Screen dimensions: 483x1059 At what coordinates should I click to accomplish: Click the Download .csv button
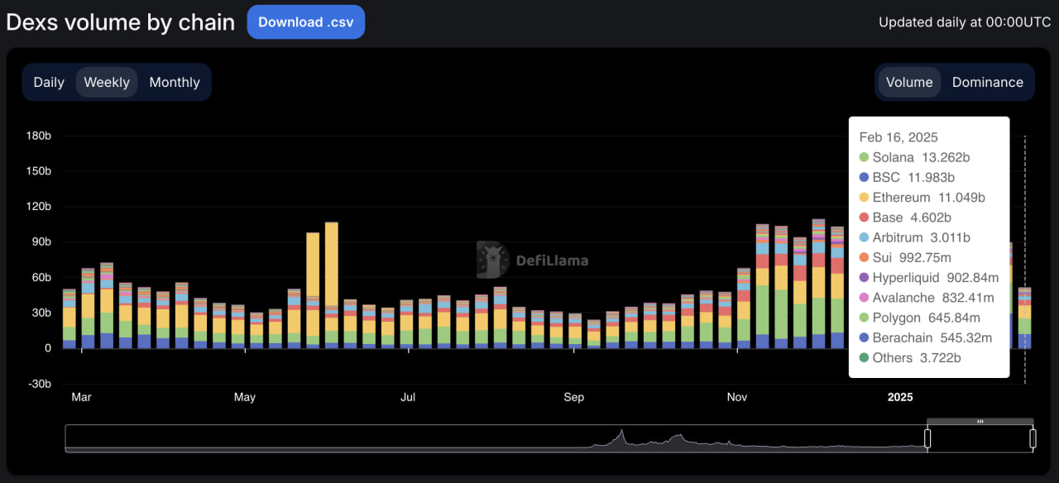[305, 22]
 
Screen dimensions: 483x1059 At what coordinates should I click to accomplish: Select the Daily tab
[49, 82]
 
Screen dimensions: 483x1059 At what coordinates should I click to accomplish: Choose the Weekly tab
[107, 82]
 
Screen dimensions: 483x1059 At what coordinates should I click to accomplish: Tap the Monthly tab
[175, 82]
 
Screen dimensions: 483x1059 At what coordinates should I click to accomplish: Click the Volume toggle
[909, 82]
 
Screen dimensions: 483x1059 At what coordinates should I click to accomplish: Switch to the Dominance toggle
[987, 82]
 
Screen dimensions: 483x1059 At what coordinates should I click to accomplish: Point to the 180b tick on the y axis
[37, 136]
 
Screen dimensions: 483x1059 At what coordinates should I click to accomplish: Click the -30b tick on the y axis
[37, 384]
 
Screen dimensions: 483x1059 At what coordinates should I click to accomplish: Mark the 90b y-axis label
[40, 242]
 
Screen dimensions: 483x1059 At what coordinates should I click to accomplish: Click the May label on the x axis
[244, 397]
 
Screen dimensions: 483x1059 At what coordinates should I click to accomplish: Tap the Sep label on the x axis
[573, 397]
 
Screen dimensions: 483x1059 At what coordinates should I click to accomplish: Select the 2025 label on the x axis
[900, 397]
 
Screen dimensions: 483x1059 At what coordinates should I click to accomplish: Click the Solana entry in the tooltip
[893, 157]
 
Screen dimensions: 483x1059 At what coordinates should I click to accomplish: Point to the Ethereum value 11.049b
[961, 198]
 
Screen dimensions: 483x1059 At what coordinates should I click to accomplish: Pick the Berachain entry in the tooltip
[902, 337]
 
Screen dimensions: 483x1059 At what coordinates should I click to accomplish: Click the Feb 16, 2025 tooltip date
[898, 137]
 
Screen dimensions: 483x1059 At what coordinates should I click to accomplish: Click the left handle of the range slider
[927, 438]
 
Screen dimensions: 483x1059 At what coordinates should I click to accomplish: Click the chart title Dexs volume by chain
[121, 22]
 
